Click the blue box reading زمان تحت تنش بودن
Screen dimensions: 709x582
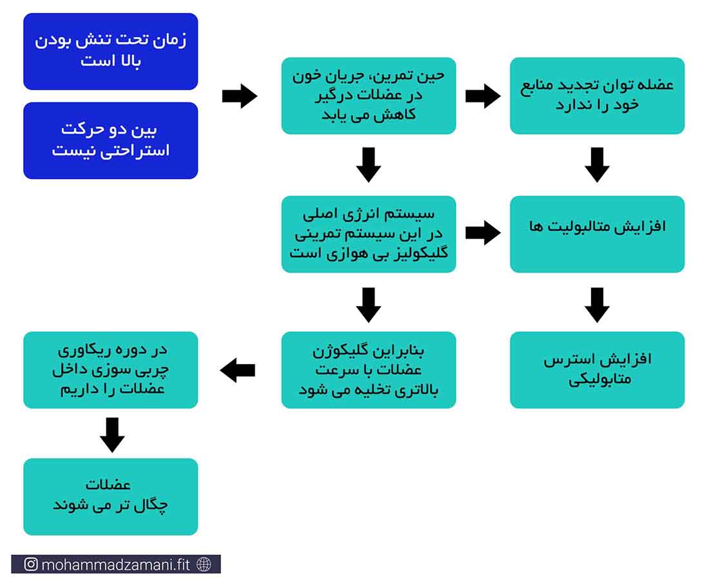click(x=110, y=51)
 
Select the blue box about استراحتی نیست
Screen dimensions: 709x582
click(x=110, y=141)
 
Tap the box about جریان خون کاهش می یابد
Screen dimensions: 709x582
click(x=369, y=95)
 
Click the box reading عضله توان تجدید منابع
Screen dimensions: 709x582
click(x=597, y=95)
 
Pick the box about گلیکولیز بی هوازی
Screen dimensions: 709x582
click(x=369, y=234)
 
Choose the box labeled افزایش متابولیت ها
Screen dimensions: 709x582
click(x=597, y=234)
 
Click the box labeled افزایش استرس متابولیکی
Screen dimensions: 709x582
click(x=597, y=370)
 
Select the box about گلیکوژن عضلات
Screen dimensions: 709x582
click(x=369, y=370)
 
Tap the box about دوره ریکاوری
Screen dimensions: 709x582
click(x=110, y=370)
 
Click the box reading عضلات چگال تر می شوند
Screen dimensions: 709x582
click(x=110, y=496)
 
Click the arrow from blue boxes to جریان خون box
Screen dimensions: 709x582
click(x=240, y=96)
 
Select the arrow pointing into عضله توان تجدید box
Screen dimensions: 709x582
click(x=483, y=96)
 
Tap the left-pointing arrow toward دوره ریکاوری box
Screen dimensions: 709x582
click(x=237, y=371)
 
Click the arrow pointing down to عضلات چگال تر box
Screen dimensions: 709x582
click(x=112, y=435)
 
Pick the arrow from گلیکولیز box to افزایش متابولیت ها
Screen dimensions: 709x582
click(x=483, y=233)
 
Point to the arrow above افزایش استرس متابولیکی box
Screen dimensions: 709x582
click(x=597, y=305)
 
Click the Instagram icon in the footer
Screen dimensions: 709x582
click(x=31, y=565)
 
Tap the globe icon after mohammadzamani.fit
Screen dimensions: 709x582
click(x=204, y=565)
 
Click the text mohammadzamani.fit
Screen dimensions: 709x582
click(x=115, y=565)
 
